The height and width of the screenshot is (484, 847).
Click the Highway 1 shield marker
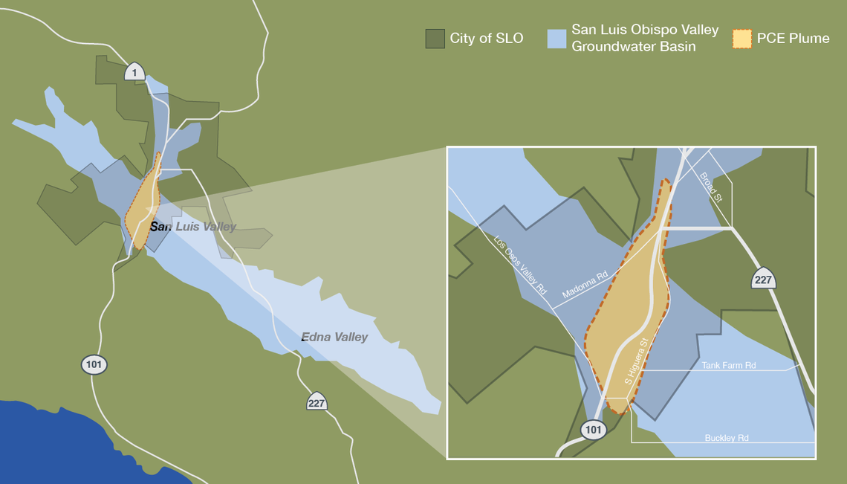click(x=134, y=71)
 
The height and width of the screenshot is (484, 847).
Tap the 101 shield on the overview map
click(x=94, y=365)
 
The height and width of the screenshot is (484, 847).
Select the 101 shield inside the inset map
click(x=594, y=430)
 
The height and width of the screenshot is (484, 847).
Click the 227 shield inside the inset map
click(x=763, y=279)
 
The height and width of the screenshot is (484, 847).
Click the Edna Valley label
click(x=334, y=338)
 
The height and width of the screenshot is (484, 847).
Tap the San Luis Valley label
click(x=193, y=227)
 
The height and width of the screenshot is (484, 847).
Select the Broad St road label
click(x=711, y=187)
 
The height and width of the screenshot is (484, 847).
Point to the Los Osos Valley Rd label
click(x=521, y=265)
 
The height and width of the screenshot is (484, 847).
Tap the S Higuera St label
click(x=637, y=361)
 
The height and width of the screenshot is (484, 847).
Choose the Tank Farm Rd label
click(x=728, y=366)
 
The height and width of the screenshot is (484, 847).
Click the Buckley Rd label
click(x=726, y=439)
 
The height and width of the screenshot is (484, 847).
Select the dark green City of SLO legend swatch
click(x=435, y=39)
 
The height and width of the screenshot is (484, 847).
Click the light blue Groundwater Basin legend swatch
click(x=556, y=39)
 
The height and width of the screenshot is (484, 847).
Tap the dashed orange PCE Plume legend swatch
click(x=742, y=39)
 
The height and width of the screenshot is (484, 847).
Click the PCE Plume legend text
click(x=794, y=39)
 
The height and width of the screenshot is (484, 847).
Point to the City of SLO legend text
click(x=486, y=39)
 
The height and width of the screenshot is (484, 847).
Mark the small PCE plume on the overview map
click(x=144, y=204)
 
